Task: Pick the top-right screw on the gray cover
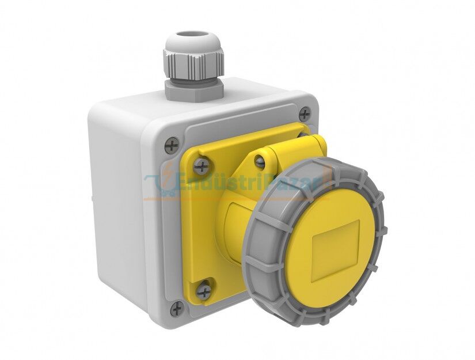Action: tap(305, 113)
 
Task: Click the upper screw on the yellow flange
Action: tap(201, 166)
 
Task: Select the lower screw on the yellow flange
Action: tap(203, 290)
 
